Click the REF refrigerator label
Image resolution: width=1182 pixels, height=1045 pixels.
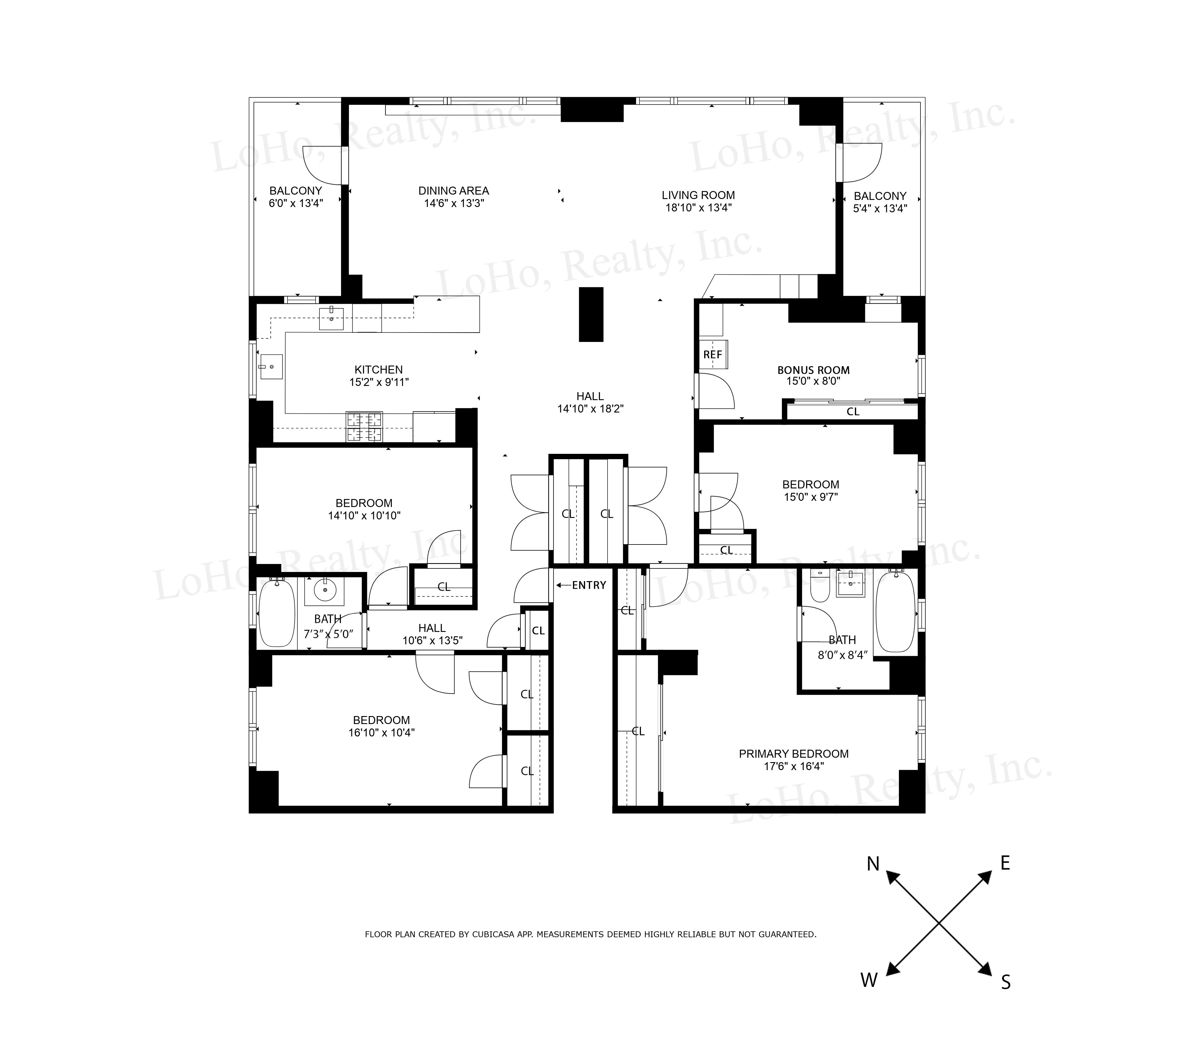[712, 355]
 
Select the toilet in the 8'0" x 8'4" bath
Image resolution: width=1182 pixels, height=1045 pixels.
[820, 587]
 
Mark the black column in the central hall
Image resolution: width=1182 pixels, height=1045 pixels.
[591, 314]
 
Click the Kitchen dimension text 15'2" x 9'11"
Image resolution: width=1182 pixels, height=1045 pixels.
[379, 382]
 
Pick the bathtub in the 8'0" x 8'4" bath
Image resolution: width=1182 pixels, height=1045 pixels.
[895, 613]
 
